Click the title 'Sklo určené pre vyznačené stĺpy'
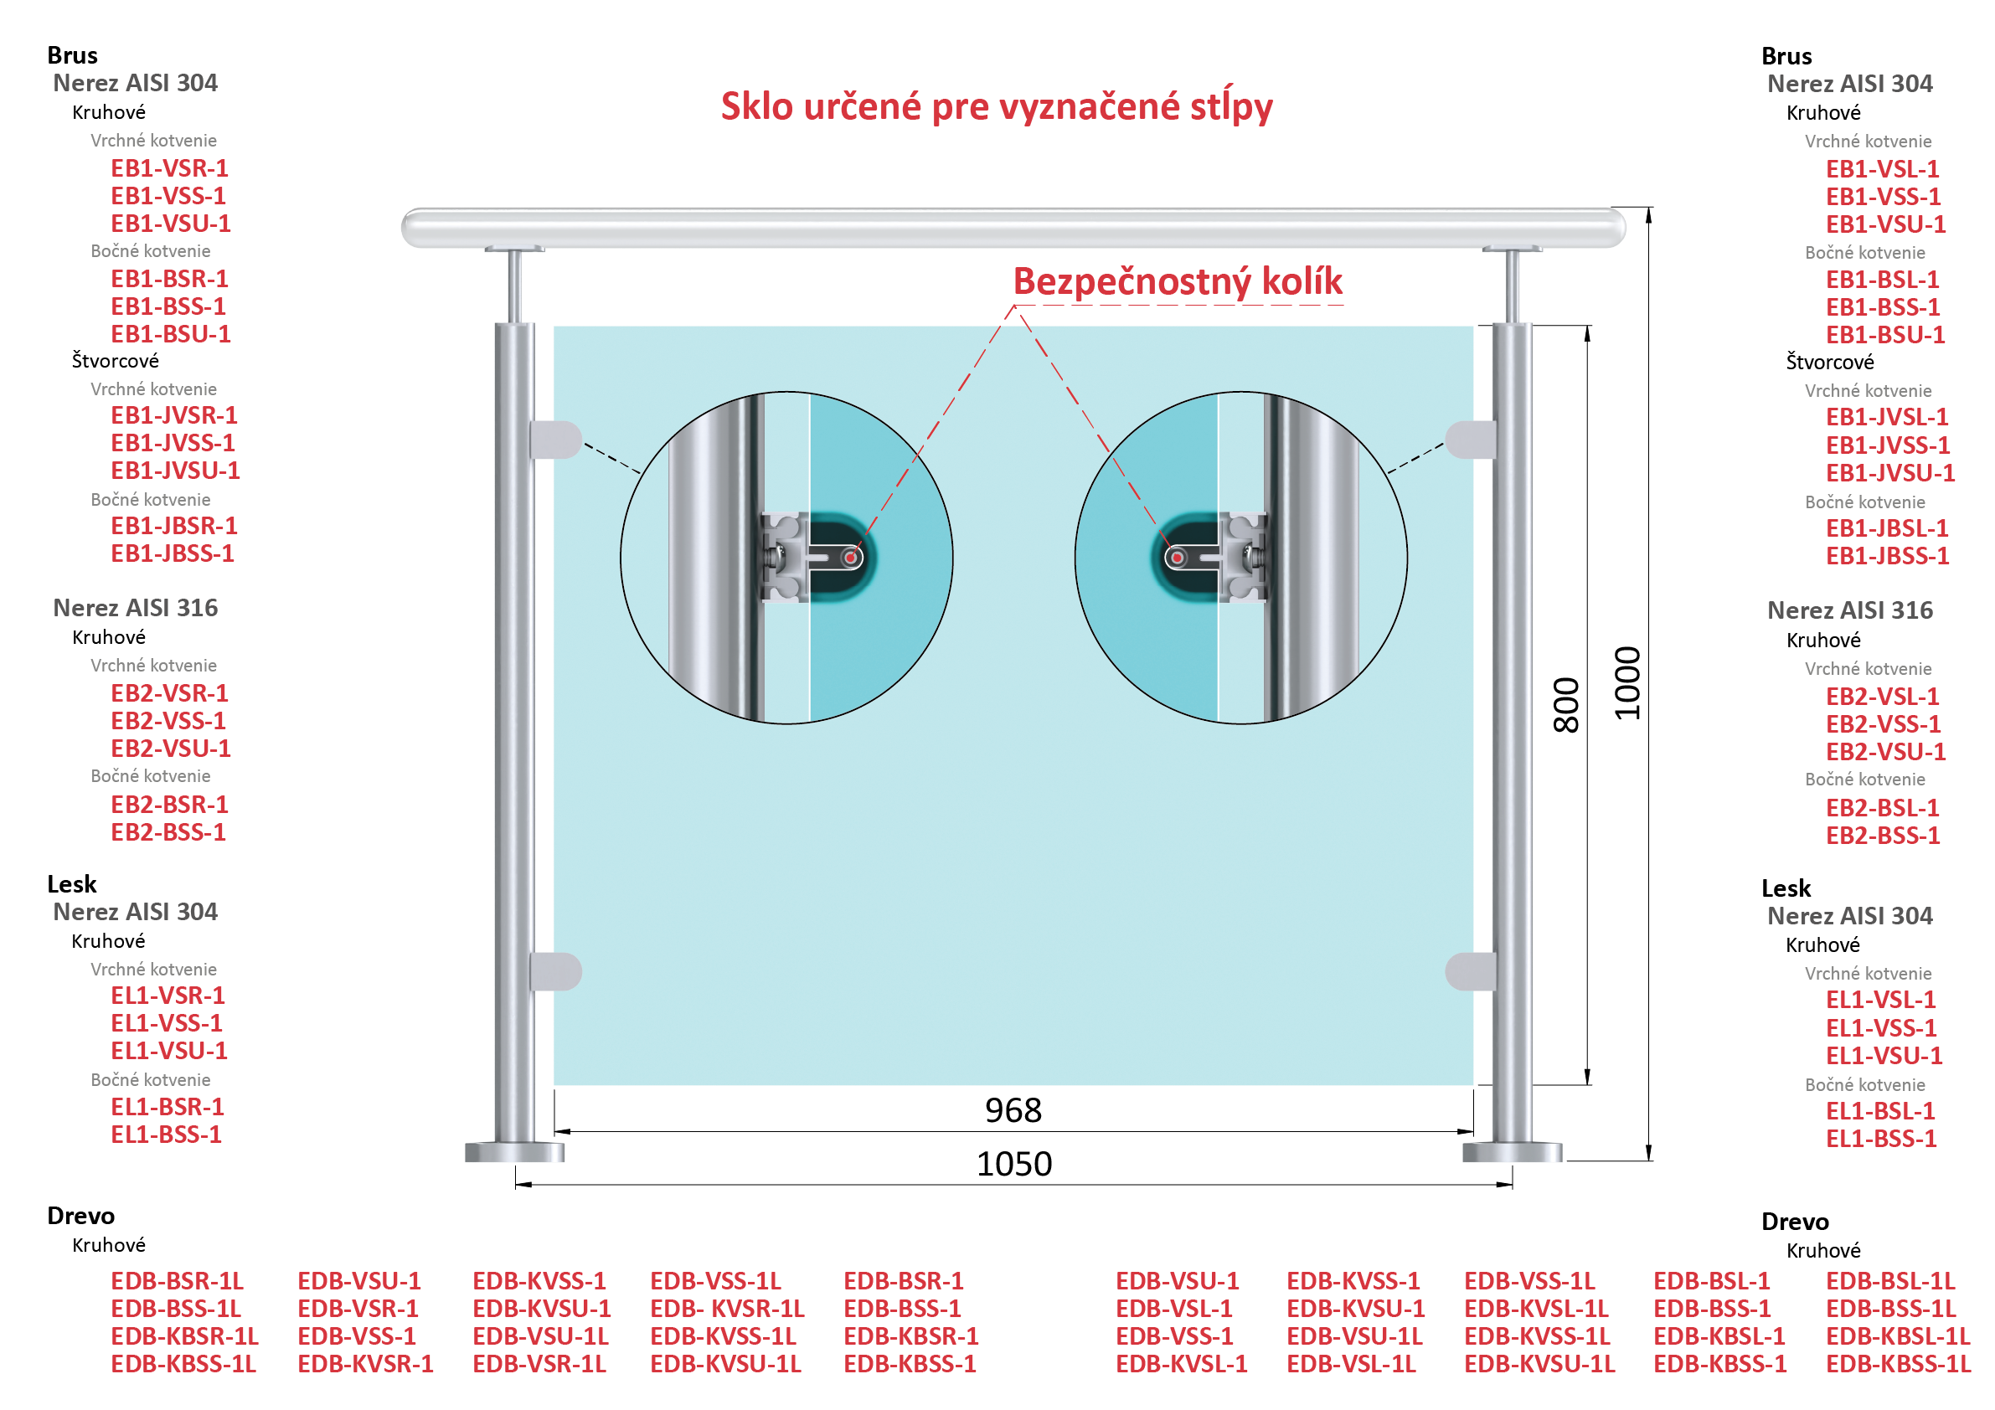tap(997, 107)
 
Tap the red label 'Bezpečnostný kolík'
tap(1178, 281)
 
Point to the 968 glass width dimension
tap(1013, 1110)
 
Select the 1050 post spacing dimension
tap(1014, 1164)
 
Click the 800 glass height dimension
tap(1565, 706)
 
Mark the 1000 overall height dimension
tap(1627, 684)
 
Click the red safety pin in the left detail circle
tap(851, 558)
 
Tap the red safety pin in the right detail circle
tap(1178, 558)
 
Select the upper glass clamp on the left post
tap(555, 440)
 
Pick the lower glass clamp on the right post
tap(1471, 971)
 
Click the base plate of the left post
tap(514, 1152)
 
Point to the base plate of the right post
tap(1512, 1152)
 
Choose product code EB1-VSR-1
tap(169, 168)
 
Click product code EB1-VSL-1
tap(1882, 169)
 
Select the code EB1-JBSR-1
tap(173, 527)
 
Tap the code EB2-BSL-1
tap(1882, 808)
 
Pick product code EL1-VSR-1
tap(168, 996)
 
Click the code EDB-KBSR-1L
tap(184, 1336)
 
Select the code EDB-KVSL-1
tap(1181, 1364)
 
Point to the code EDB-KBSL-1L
tap(1898, 1336)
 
